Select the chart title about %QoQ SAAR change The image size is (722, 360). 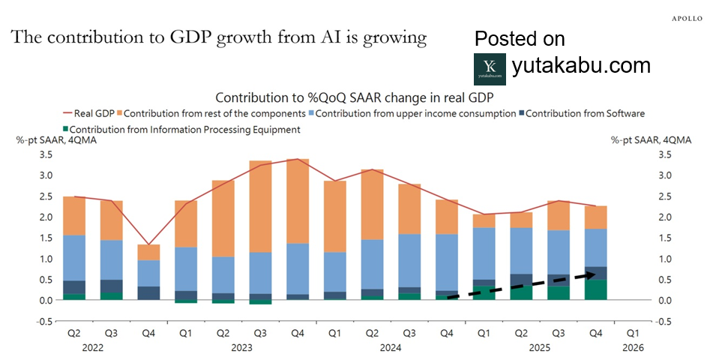tap(354, 97)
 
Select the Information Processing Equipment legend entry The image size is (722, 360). tap(182, 129)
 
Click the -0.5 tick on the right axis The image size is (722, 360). tap(664, 322)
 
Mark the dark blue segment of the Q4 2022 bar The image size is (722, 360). tap(149, 292)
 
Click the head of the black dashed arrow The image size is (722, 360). tap(601, 275)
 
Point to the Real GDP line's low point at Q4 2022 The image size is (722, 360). tap(149, 244)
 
